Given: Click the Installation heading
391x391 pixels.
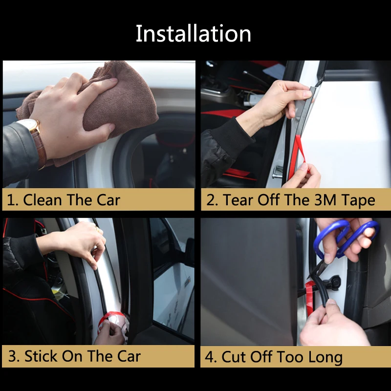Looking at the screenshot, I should pos(194,34).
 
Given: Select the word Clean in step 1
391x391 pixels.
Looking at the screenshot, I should pos(43,200).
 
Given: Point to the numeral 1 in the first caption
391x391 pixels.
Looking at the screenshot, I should pos(11,200).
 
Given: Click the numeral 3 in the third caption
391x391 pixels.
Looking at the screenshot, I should pos(13,356).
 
